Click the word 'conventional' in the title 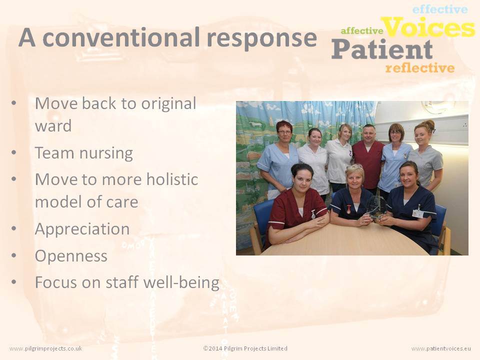coord(121,37)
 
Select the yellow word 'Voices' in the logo coord(429,27)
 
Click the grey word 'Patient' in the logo coord(382,49)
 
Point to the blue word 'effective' coord(440,9)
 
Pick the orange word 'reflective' coord(420,67)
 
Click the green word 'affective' coord(362,30)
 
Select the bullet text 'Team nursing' coord(84,153)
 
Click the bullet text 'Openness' coord(71,256)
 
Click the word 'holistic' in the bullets coord(172,179)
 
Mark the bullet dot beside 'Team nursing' coord(14,152)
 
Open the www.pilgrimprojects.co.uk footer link coord(46,348)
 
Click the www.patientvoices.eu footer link coord(441,348)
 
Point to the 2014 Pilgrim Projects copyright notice coord(245,348)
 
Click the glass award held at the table coord(376,207)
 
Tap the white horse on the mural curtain coord(255,124)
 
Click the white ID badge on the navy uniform coord(417,213)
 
